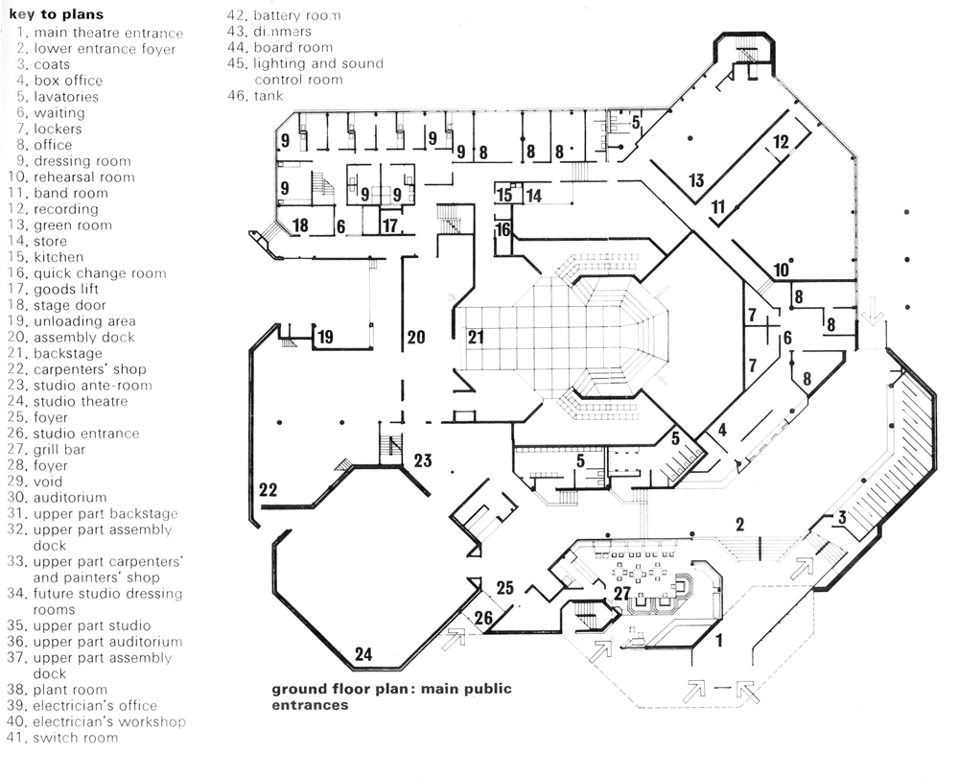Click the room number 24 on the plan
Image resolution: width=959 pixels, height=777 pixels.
pos(363,655)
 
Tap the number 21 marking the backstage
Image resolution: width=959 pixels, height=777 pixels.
pos(477,337)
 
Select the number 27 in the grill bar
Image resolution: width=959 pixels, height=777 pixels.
pos(623,594)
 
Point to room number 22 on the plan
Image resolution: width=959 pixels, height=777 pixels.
pos(269,490)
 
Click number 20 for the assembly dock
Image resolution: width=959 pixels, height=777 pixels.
pos(416,337)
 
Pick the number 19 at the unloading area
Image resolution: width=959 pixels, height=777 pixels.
pos(326,337)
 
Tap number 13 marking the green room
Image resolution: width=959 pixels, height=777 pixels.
pos(696,180)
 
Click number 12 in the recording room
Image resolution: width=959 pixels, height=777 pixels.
pos(781,141)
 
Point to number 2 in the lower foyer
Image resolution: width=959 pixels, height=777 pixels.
pos(739,524)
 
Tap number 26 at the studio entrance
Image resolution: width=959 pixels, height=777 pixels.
pos(484,619)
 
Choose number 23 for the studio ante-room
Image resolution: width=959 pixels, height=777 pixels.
pos(423,459)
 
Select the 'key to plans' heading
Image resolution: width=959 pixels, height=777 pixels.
pos(57,15)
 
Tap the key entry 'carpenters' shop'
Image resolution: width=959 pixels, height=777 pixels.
pos(90,369)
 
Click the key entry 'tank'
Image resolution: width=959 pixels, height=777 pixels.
pos(269,95)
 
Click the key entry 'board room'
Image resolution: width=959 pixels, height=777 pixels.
pos(292,47)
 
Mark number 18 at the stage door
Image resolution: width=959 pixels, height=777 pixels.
pos(300,225)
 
